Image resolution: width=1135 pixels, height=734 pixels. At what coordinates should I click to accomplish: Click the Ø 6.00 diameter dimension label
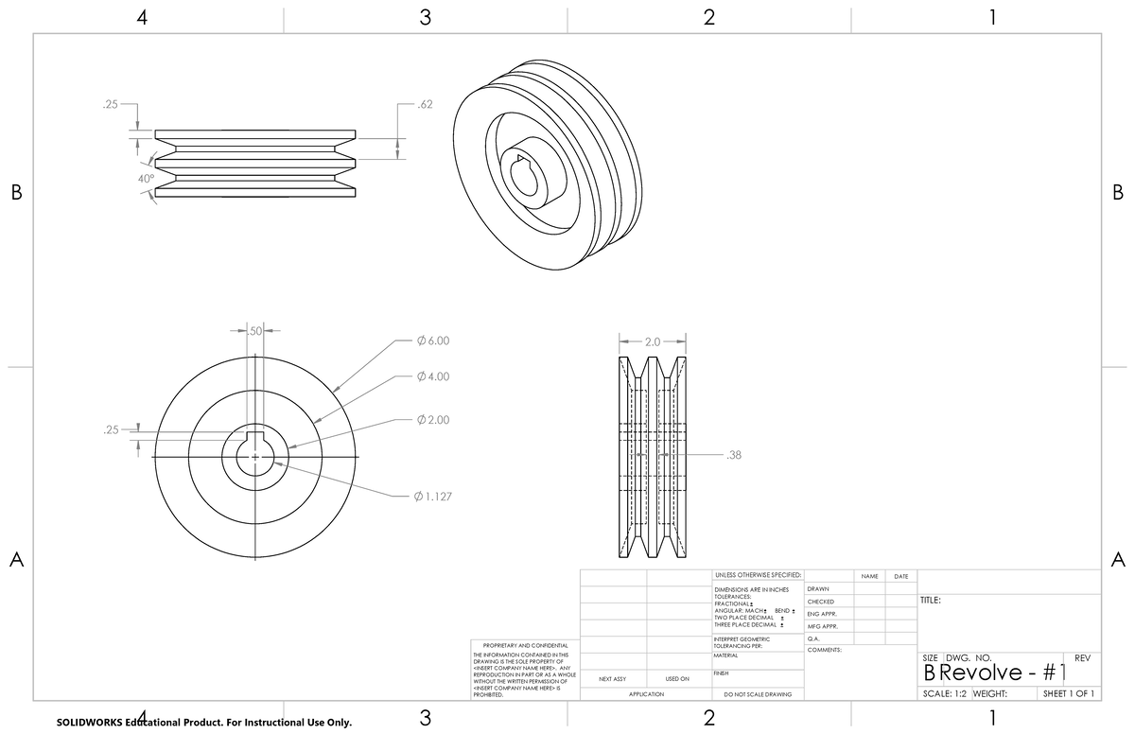432,341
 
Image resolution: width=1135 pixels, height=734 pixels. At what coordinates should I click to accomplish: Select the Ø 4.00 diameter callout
432,377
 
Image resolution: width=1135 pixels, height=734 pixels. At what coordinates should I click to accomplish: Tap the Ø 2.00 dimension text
432,420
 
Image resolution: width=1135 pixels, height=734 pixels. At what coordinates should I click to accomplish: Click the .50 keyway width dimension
253,330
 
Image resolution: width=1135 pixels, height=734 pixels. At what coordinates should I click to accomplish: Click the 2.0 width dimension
654,341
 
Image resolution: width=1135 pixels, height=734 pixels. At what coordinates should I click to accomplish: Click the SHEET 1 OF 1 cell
1068,694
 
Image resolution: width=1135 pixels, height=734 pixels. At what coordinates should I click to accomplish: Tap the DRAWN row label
818,589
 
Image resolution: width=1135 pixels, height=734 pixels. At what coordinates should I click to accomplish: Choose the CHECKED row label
820,602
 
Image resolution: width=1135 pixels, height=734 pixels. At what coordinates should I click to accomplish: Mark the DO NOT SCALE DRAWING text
757,694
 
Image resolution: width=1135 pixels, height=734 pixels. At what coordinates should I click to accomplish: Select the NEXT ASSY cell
612,678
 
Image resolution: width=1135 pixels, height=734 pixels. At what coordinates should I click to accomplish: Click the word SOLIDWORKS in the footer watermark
89,723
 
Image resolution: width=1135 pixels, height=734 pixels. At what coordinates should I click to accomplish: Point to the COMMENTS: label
824,650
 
